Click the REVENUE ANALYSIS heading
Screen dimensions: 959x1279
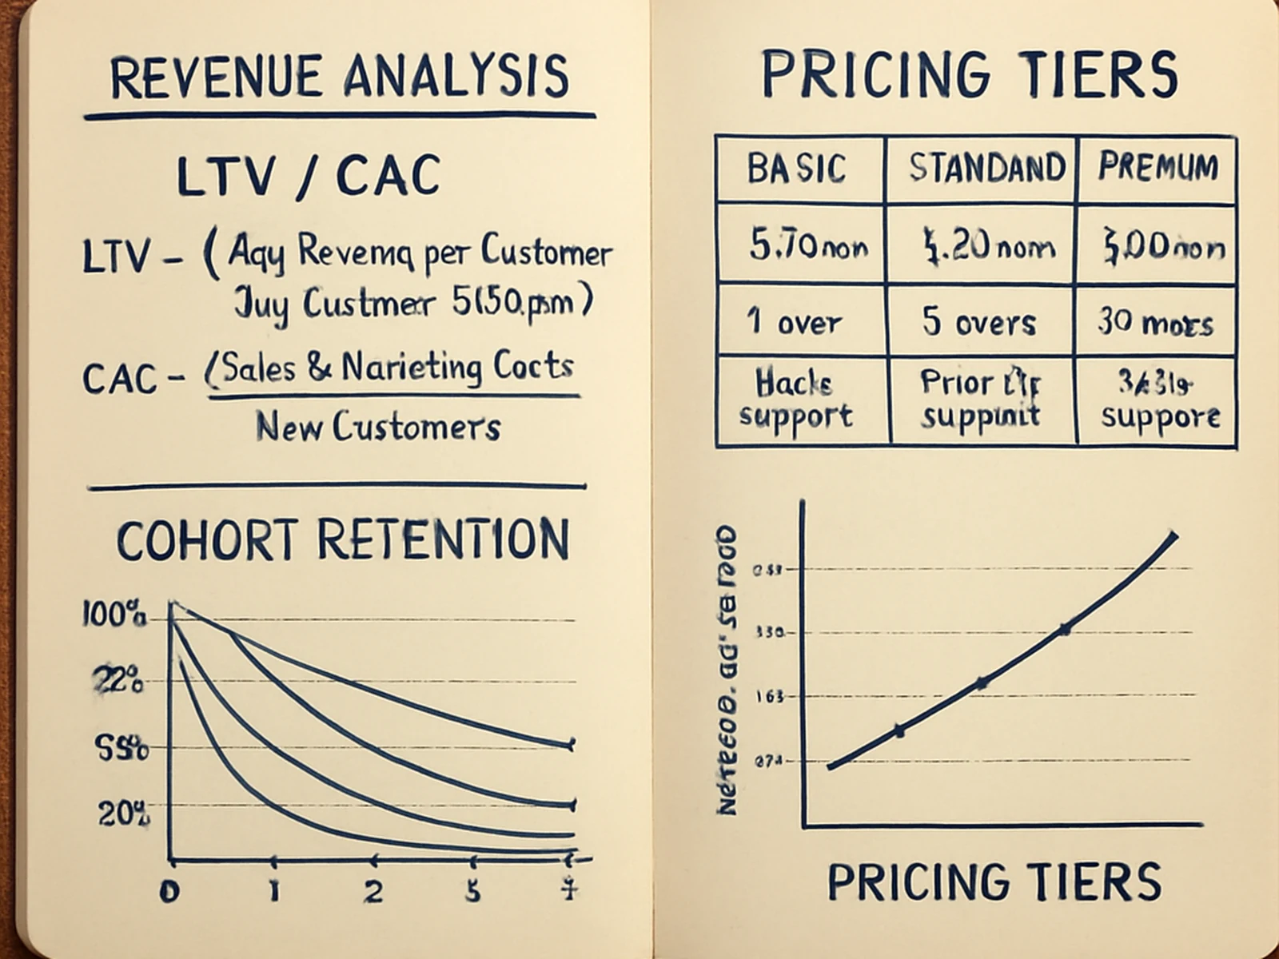click(x=339, y=78)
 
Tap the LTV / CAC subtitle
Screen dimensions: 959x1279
click(x=308, y=176)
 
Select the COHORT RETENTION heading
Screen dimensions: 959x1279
click(x=343, y=540)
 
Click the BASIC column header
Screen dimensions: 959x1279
click(x=796, y=169)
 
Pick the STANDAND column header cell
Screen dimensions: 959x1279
click(x=986, y=169)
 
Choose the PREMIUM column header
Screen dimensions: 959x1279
click(x=1157, y=167)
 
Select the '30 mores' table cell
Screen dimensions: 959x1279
click(x=1155, y=323)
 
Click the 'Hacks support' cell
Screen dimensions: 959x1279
click(x=795, y=400)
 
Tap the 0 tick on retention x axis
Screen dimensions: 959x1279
click(x=169, y=892)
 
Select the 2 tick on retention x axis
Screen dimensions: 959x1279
click(x=373, y=892)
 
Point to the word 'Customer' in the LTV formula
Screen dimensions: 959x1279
click(x=546, y=253)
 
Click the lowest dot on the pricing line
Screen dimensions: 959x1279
click(x=898, y=730)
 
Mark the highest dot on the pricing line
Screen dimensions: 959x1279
click(x=1065, y=630)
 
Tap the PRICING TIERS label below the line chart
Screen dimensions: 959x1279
click(x=994, y=882)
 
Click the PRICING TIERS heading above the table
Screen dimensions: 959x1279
click(x=969, y=74)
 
